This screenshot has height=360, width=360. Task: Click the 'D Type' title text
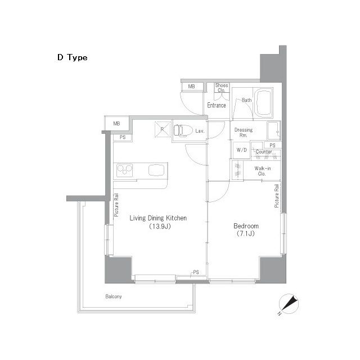point(73,57)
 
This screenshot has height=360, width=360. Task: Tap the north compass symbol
point(289,304)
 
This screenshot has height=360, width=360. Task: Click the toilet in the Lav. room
point(182,130)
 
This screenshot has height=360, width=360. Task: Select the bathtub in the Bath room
point(264,103)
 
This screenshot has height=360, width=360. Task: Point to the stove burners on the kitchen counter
point(124,170)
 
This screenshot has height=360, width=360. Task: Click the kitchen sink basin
point(156,170)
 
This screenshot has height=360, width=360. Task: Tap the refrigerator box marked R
point(163,129)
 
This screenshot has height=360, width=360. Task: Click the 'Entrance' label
point(217,105)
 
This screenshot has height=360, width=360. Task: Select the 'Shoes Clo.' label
point(222,88)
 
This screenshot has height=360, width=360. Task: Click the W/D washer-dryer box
point(241,150)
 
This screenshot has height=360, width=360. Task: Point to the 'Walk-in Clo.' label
point(263,171)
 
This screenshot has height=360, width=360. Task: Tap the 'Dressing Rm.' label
point(244,133)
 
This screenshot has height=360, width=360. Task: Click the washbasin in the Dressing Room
point(273,130)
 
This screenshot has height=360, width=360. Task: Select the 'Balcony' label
point(114,296)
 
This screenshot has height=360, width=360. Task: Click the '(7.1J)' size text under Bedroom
point(246,234)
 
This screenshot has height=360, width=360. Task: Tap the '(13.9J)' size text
point(160,226)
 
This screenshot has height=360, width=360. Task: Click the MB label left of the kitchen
point(116,124)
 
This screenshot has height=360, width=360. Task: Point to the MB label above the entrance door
point(191,87)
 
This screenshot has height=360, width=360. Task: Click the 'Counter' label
point(264,152)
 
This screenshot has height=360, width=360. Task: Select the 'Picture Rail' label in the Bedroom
point(277,196)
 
